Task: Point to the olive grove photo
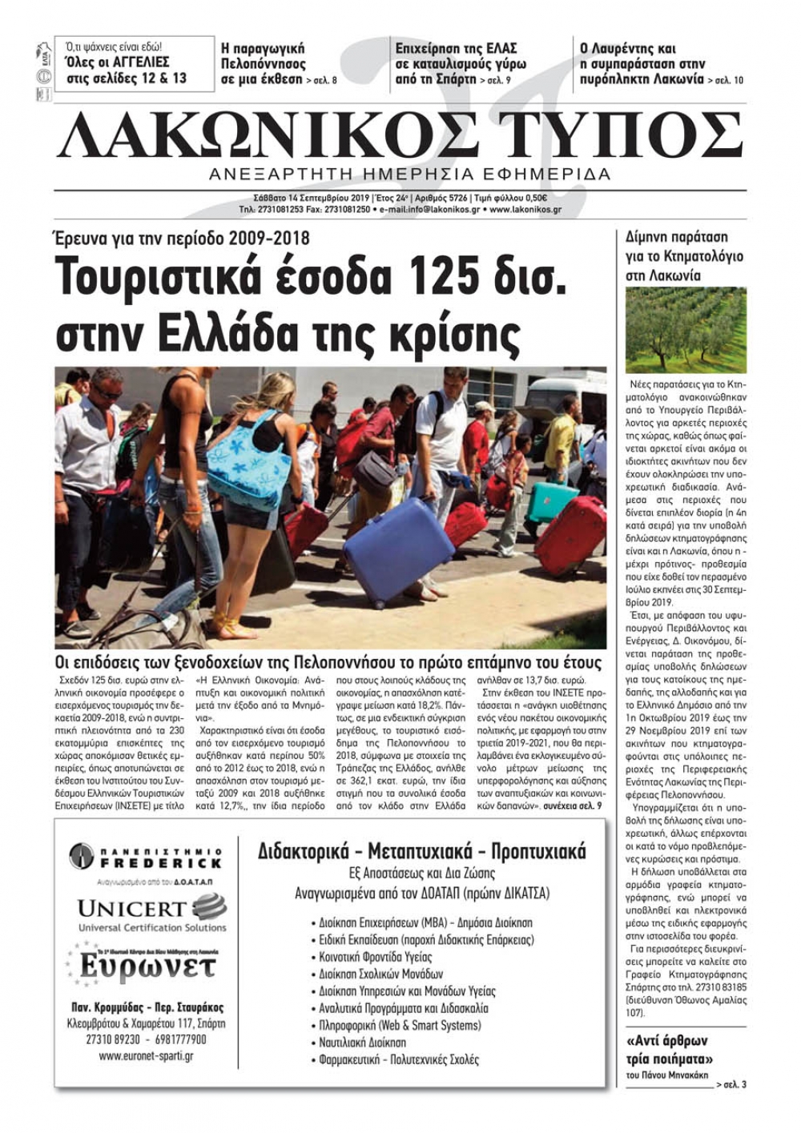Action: pyautogui.click(x=685, y=331)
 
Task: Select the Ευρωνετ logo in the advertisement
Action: pyautogui.click(x=144, y=965)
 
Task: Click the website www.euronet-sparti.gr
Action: pyautogui.click(x=146, y=1056)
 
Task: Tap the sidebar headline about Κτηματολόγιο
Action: pyautogui.click(x=684, y=256)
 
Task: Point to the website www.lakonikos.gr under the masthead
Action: pyautogui.click(x=525, y=210)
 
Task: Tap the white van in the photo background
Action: pyautogui.click(x=566, y=396)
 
